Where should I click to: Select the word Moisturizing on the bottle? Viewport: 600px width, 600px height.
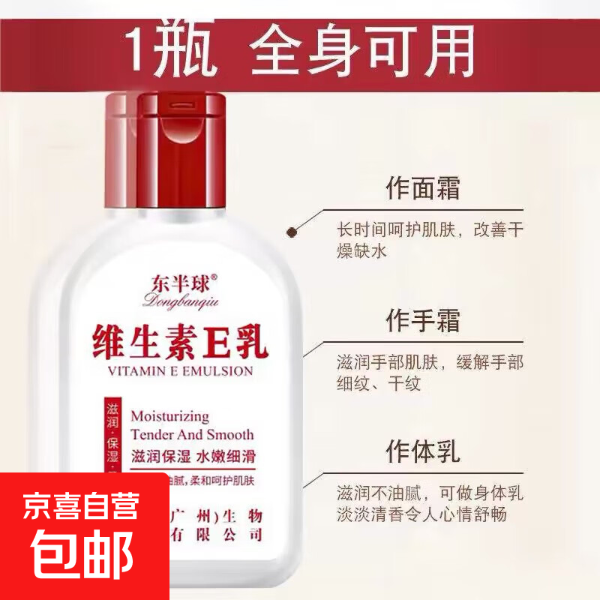pos(169,415)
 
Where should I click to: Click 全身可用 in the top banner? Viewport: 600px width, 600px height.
pos(363,50)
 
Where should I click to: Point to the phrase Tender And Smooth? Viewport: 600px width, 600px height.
pos(191,434)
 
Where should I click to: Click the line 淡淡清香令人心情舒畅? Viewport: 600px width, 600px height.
pos(421,514)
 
